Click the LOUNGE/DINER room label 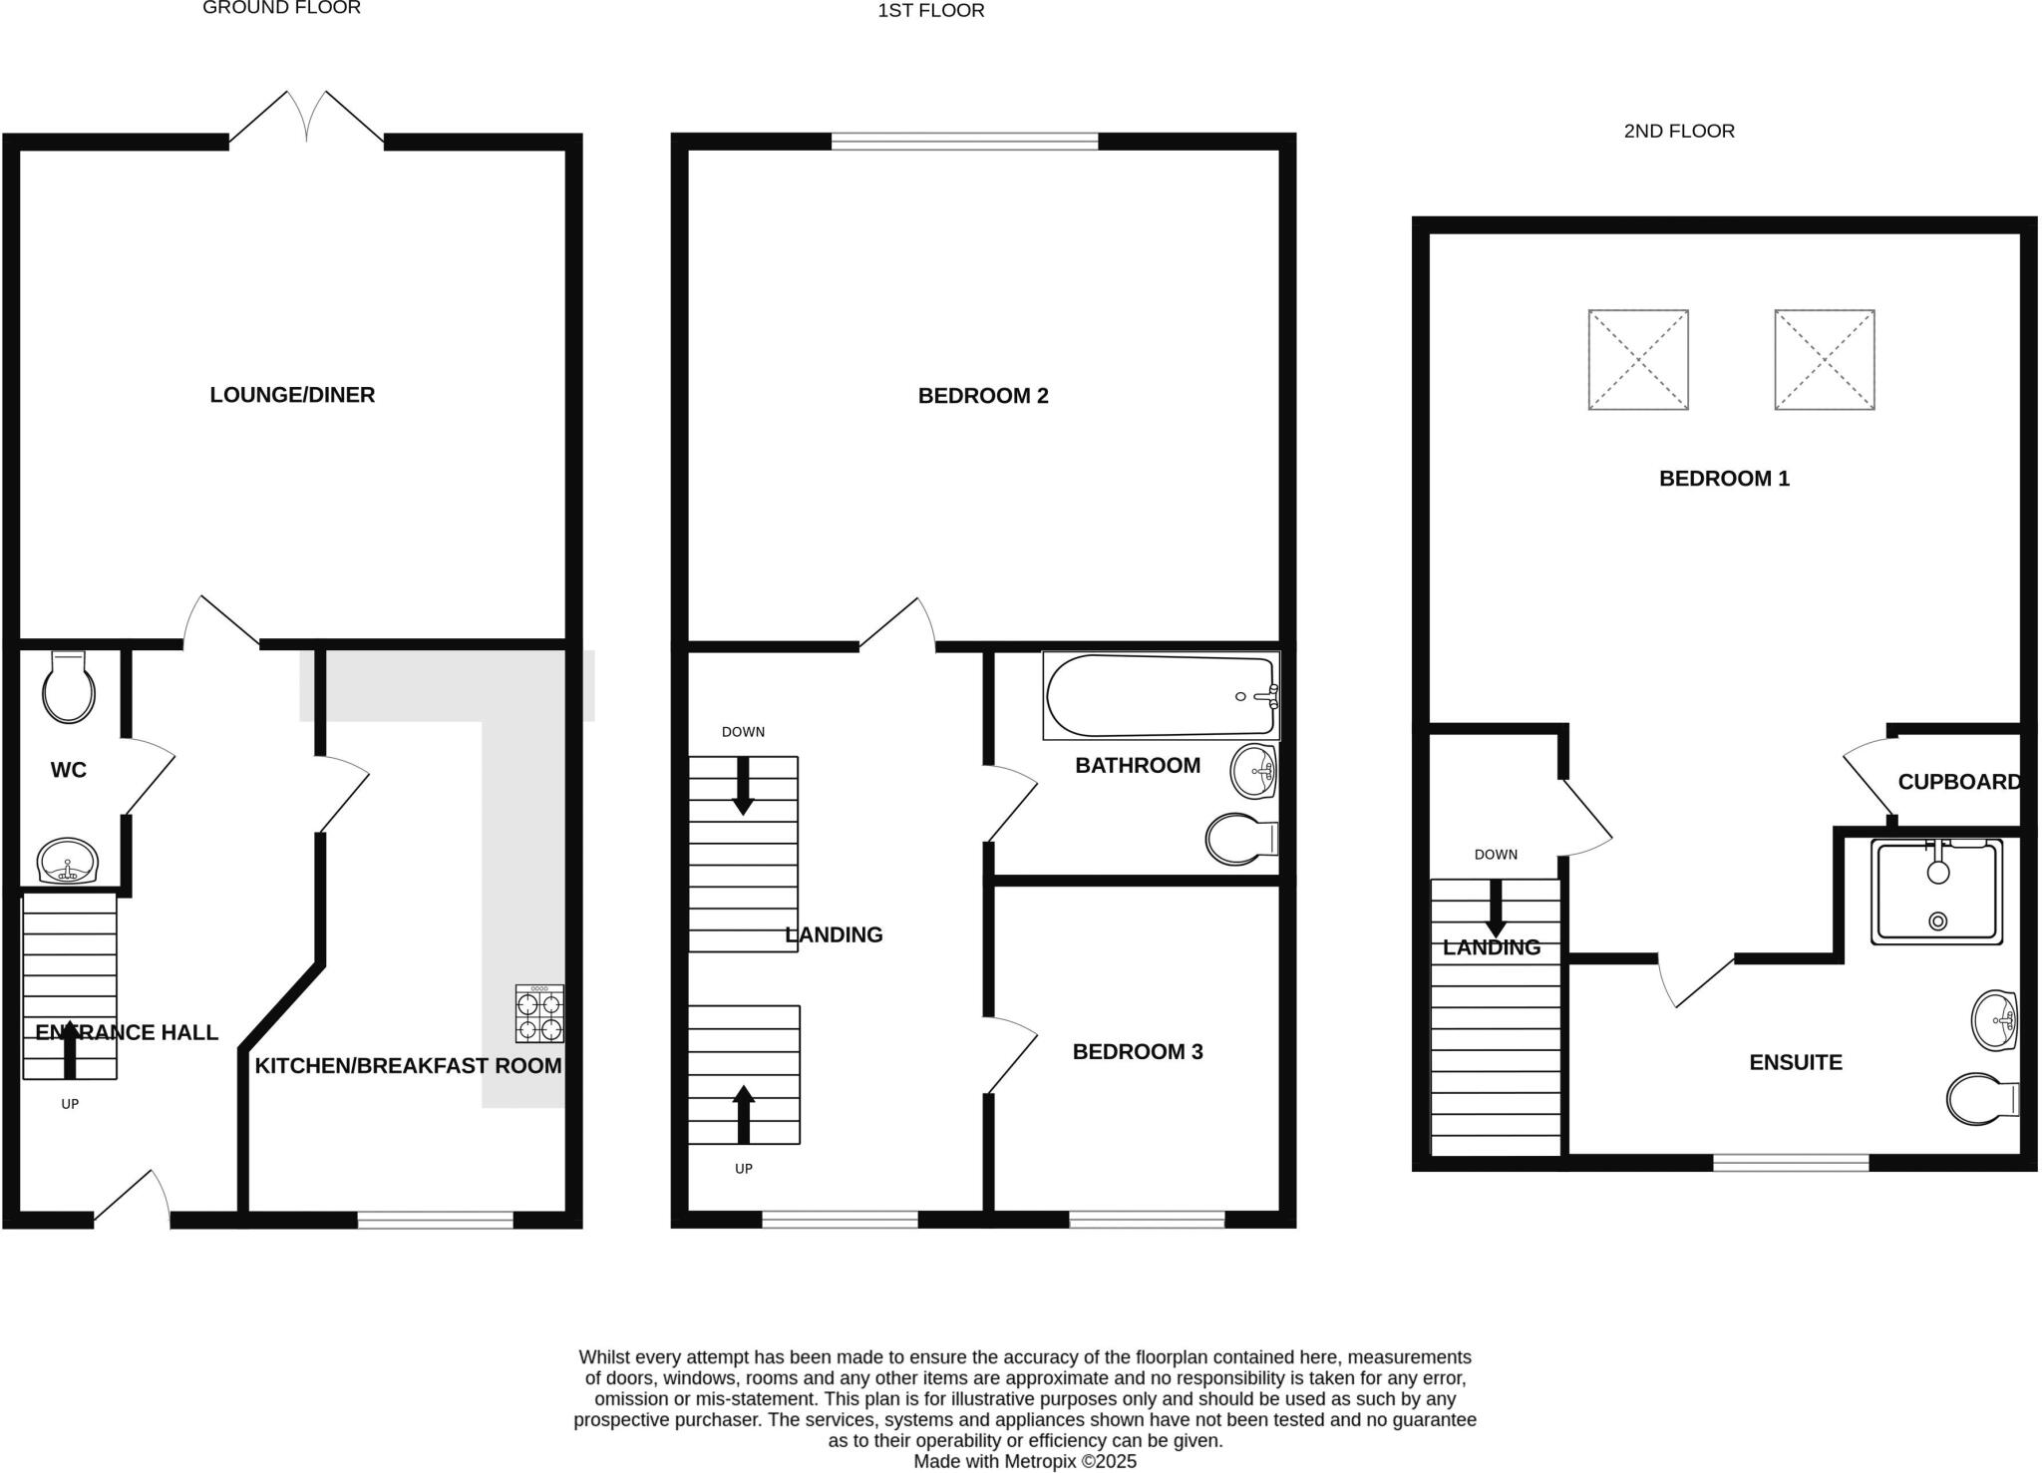tap(292, 395)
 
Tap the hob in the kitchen tap(539, 1013)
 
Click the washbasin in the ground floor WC tap(67, 861)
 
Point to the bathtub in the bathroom tap(1160, 696)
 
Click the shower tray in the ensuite tap(1937, 892)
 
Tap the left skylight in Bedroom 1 tap(1638, 360)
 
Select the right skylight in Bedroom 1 tap(1825, 360)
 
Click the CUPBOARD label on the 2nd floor tap(1958, 782)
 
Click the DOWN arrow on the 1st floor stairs tap(743, 787)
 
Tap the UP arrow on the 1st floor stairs tap(744, 1114)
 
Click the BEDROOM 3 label tap(1138, 1051)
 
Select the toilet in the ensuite tap(1981, 1099)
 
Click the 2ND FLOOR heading tap(1679, 131)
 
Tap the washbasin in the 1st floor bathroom tap(1254, 771)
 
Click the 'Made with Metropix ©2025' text tap(1025, 1461)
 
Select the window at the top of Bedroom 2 tap(964, 142)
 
